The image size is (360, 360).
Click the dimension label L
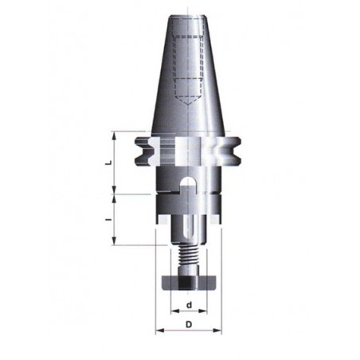[108, 162]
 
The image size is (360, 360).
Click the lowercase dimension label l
[108, 220]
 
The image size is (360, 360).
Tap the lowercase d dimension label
[189, 305]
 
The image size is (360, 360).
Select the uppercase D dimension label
[189, 324]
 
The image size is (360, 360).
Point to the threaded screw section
[188, 256]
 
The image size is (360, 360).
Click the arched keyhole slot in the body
[188, 182]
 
